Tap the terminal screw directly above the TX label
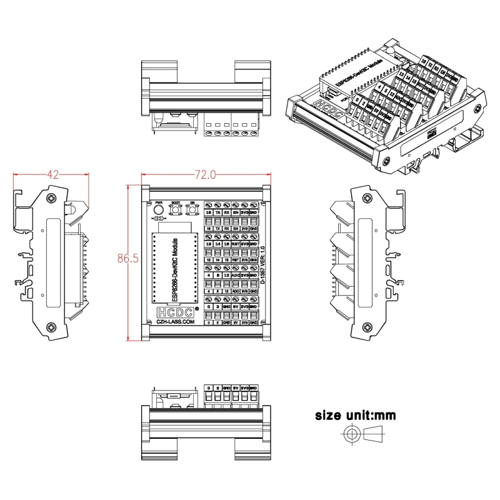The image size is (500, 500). point(217,205)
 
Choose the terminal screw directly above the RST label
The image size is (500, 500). point(235,236)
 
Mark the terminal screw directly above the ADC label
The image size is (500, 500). point(235,267)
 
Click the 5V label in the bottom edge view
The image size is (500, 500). point(235,387)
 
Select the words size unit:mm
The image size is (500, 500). point(355,415)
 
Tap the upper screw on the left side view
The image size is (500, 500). point(50,198)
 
